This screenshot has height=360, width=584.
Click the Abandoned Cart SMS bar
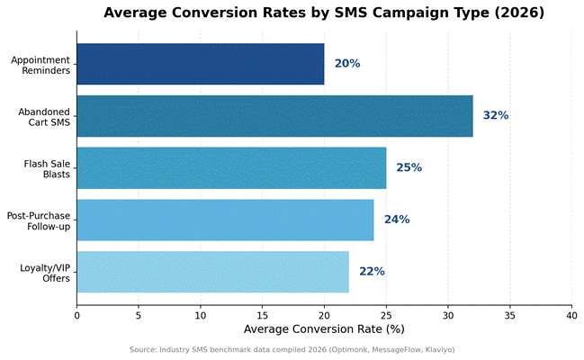[274, 116]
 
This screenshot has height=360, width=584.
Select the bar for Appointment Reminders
[201, 64]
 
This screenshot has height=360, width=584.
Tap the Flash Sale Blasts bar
[231, 168]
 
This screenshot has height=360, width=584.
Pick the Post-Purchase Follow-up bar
[225, 220]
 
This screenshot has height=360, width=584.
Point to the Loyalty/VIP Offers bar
[213, 272]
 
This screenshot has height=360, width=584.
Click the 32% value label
[496, 115]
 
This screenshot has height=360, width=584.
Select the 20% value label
[347, 64]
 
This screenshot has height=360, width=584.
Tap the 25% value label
[409, 167]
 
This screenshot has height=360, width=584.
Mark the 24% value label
[397, 220]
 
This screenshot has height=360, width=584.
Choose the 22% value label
[372, 271]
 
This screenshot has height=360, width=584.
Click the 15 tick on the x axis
[262, 316]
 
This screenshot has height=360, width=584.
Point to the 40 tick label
[571, 316]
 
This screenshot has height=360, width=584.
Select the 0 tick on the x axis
[76, 316]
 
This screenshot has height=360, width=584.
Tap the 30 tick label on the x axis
[448, 316]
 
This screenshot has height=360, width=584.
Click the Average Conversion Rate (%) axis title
[324, 329]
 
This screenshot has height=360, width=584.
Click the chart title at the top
[324, 13]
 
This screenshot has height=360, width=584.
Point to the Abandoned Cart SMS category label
[44, 117]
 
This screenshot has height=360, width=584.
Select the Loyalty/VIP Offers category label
[45, 274]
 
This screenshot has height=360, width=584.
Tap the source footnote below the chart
[292, 350]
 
